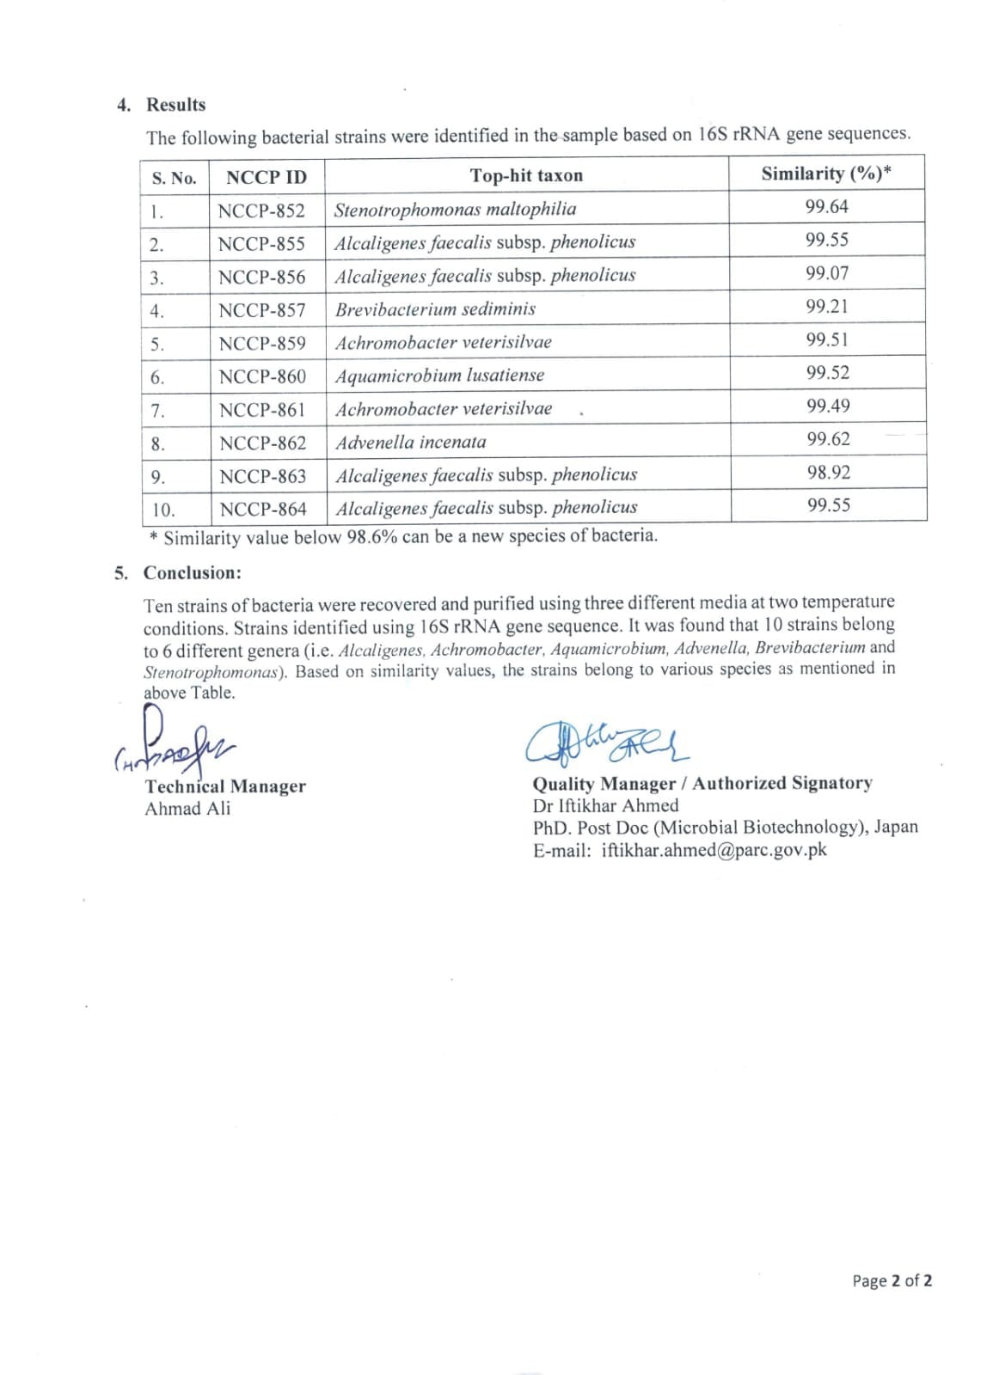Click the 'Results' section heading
coord(175,105)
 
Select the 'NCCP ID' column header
coord(266,178)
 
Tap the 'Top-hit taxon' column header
coord(526,176)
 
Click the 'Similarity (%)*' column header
coord(825,174)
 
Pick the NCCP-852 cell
coord(261,211)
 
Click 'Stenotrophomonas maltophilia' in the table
coord(455,210)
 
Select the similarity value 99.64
coord(826,206)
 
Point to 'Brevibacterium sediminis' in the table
coord(435,309)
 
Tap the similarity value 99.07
coord(826,273)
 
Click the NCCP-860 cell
coord(262,376)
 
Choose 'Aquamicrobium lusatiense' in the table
coord(439,376)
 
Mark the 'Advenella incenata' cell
coord(411,443)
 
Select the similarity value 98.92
coord(828,473)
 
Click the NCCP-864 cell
coord(263,510)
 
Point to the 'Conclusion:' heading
coord(193,573)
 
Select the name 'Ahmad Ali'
coord(187,809)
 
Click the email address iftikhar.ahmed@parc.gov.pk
coord(714,850)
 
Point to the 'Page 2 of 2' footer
coord(892,1280)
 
